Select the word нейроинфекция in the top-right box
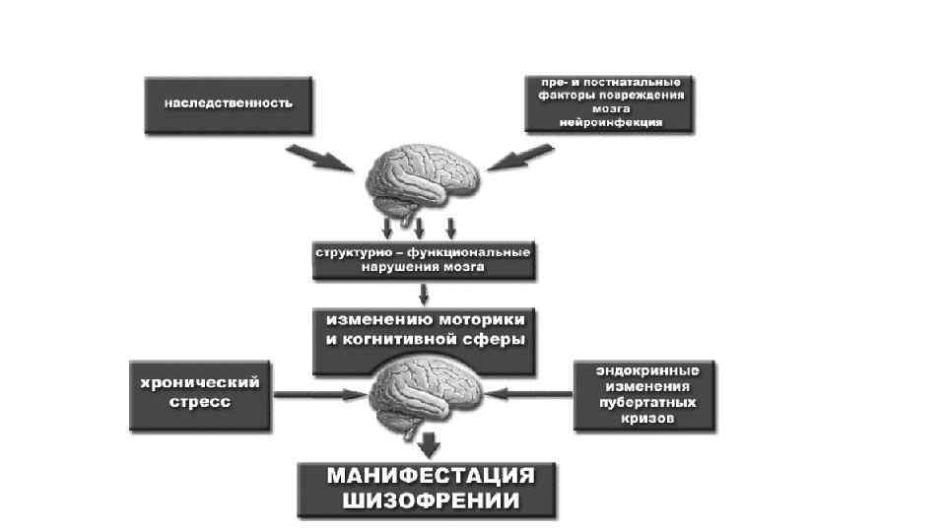pos(610,122)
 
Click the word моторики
pos(482,321)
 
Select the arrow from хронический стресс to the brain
pos(315,396)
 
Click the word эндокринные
pos(647,371)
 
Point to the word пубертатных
pos(647,403)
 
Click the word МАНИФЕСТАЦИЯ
pos(431,476)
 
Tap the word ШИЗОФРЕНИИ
pos(431,500)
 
